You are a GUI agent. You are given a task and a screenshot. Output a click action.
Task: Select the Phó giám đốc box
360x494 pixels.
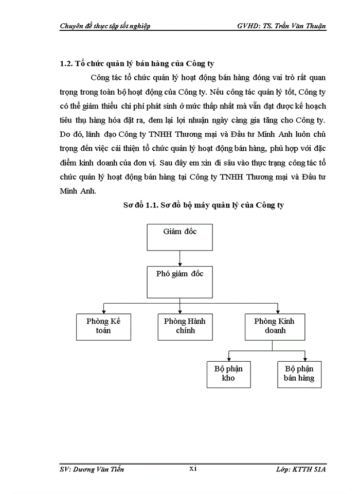[179, 281]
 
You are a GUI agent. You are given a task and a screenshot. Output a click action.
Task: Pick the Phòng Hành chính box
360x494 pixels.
[185, 326]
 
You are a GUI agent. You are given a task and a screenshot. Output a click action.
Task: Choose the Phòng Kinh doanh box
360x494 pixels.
[275, 326]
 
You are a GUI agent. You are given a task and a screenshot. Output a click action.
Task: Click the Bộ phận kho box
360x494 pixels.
[228, 373]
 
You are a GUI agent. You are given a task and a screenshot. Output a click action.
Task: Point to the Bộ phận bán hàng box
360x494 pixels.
[299, 373]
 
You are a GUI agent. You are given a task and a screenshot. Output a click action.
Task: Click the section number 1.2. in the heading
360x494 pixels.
[67, 64]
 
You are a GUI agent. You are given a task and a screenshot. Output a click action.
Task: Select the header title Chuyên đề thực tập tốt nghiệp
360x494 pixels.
[105, 26]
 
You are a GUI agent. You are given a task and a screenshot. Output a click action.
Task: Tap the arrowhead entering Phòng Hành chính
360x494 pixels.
[179, 310]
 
